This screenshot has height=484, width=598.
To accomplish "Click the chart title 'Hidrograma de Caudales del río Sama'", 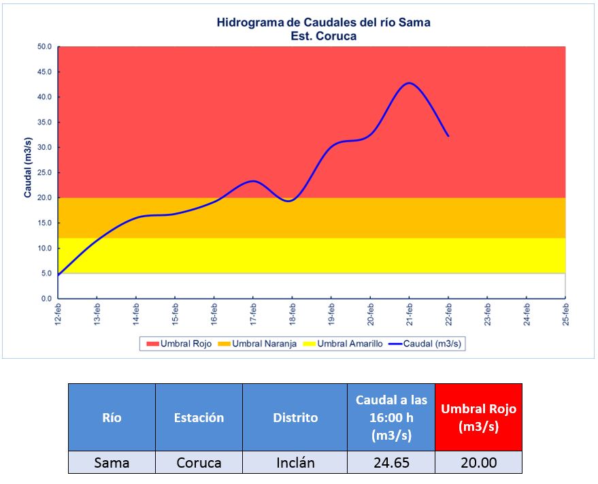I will [x=323, y=22].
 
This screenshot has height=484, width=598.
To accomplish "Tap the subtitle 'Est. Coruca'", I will [x=323, y=36].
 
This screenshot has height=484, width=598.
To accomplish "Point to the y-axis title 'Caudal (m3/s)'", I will [x=28, y=167].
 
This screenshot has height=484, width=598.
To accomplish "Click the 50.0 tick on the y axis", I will [x=45, y=47].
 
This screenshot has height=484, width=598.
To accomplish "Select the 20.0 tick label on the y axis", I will [x=45, y=198].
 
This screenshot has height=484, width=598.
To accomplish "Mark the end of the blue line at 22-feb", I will [x=448, y=136].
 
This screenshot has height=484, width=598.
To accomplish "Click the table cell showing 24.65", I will [x=391, y=463].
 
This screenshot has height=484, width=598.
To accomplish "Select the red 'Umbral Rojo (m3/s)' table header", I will [x=478, y=417].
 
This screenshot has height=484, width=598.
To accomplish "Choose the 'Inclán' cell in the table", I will [x=295, y=463].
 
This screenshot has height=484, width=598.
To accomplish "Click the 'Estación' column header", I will [x=199, y=417].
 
